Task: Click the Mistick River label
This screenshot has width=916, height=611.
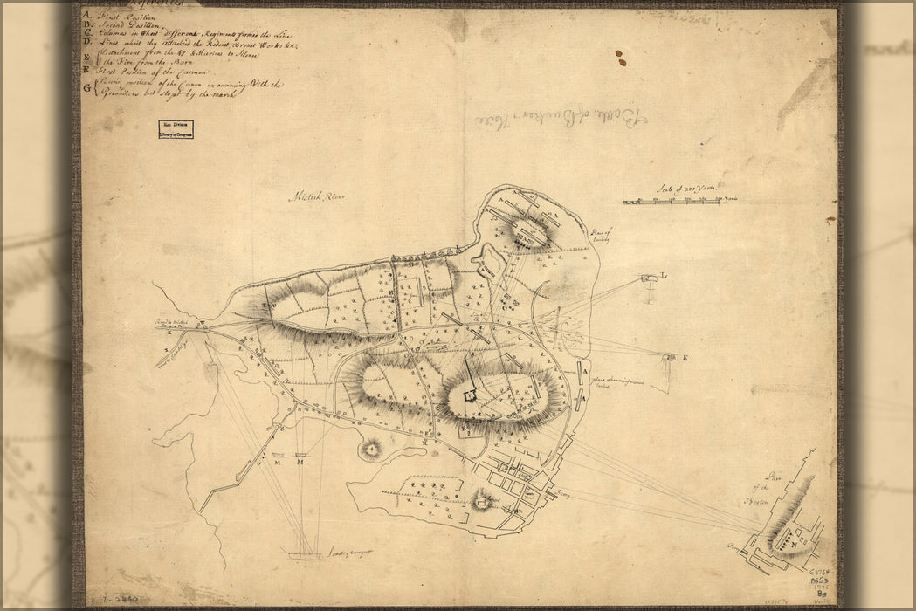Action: click(x=316, y=197)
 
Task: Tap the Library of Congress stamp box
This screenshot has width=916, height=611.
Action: click(x=176, y=129)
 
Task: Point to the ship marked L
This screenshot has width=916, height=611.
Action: click(x=650, y=278)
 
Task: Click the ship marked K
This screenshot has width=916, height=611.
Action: click(x=670, y=357)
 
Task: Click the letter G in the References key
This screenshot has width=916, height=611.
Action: click(x=86, y=89)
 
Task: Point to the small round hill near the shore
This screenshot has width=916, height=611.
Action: click(x=372, y=450)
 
